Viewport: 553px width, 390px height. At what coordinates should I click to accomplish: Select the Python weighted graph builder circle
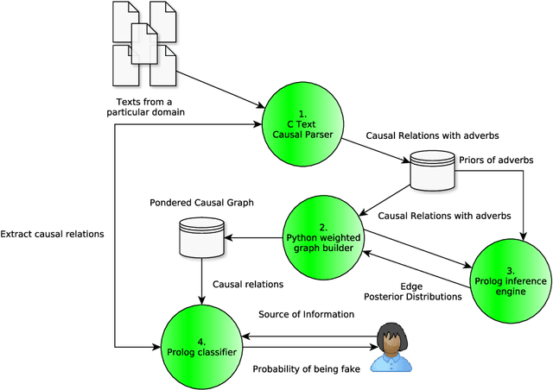325,231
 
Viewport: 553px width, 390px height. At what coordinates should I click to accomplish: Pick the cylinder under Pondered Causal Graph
200,237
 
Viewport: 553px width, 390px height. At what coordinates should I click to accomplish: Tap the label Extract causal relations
52,234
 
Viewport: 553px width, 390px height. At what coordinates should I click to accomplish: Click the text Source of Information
306,314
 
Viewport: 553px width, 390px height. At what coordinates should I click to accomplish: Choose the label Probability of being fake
308,369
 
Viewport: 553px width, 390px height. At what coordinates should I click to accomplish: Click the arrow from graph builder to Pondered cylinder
255,235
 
